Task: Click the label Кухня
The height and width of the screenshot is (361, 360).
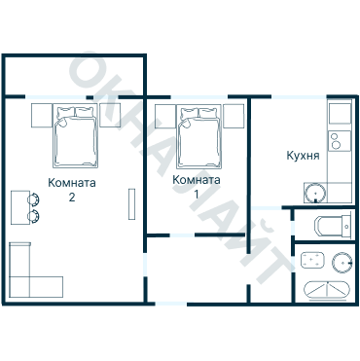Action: coord(303,156)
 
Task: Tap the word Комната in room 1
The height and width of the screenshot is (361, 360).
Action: coord(197,180)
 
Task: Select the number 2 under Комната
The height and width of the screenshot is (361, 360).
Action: coord(72,198)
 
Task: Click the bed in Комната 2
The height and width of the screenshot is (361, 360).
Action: coord(75,136)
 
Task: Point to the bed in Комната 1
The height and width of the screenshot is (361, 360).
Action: coord(199,136)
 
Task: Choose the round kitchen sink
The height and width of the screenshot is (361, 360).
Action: coord(314,193)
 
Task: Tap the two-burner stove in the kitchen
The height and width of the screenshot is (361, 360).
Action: coord(340,141)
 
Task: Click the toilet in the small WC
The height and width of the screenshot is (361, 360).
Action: coord(333,226)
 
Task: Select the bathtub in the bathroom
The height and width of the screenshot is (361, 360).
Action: coord(327,290)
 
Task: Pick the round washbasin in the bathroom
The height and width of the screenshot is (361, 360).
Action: coord(342,263)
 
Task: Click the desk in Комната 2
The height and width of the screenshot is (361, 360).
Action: coord(20,207)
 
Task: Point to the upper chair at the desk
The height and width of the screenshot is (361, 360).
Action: coord(34,199)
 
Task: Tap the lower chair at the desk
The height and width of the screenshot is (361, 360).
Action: coord(34,217)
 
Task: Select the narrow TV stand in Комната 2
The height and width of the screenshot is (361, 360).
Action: coord(131,203)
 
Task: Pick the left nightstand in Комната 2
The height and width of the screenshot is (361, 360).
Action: coord(42,115)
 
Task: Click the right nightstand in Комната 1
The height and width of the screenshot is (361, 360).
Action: coord(234,116)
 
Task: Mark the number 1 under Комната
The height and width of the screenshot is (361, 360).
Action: coord(196,194)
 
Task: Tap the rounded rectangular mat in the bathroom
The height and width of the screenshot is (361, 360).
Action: coord(312,260)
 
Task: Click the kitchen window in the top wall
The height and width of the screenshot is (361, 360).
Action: coord(299,96)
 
